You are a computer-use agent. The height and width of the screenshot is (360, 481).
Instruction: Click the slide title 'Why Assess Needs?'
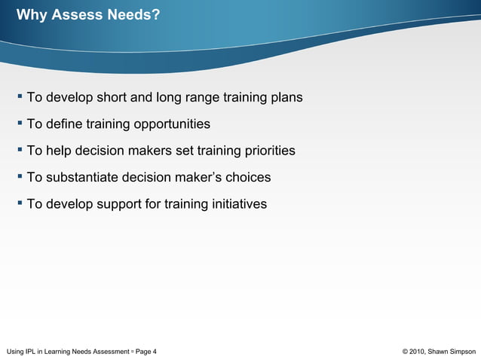87,14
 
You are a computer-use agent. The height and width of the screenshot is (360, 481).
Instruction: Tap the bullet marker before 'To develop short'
20,96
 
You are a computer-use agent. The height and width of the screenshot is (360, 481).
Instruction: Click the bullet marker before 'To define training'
20,123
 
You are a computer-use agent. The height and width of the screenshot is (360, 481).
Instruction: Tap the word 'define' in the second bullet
64,124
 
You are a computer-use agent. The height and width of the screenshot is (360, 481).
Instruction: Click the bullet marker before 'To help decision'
20,149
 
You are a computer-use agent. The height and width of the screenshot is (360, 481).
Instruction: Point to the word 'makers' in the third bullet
150,151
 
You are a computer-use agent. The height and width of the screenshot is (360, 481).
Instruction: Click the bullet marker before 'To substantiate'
20,176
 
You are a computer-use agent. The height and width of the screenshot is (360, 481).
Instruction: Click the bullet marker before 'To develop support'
20,203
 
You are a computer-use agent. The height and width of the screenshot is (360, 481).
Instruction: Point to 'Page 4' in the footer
146,351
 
